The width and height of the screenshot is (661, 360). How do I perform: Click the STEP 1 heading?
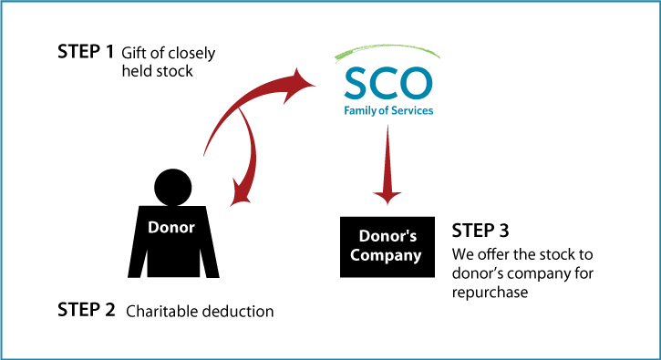[x=86, y=51]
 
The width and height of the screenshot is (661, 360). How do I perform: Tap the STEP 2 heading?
[x=86, y=310]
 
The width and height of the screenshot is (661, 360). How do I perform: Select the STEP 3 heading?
[x=480, y=231]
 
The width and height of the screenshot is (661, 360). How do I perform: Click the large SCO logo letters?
[x=388, y=83]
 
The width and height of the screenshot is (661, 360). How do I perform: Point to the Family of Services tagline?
[x=388, y=110]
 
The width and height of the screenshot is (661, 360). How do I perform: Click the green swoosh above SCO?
[x=387, y=50]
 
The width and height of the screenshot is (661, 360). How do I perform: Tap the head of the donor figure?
[x=173, y=187]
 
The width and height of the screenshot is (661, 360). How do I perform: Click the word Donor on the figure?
[x=171, y=228]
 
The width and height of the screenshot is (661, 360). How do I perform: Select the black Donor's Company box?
[x=387, y=247]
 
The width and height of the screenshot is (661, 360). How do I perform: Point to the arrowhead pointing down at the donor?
[x=241, y=196]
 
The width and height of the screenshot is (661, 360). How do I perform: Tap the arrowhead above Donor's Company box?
[x=387, y=197]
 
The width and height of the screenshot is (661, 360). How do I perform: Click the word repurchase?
[x=490, y=293]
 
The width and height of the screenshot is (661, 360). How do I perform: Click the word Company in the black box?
[x=386, y=256]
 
